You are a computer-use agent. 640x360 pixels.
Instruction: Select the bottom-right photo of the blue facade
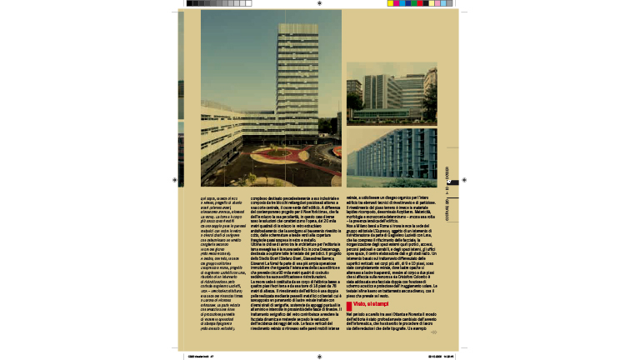391,157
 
